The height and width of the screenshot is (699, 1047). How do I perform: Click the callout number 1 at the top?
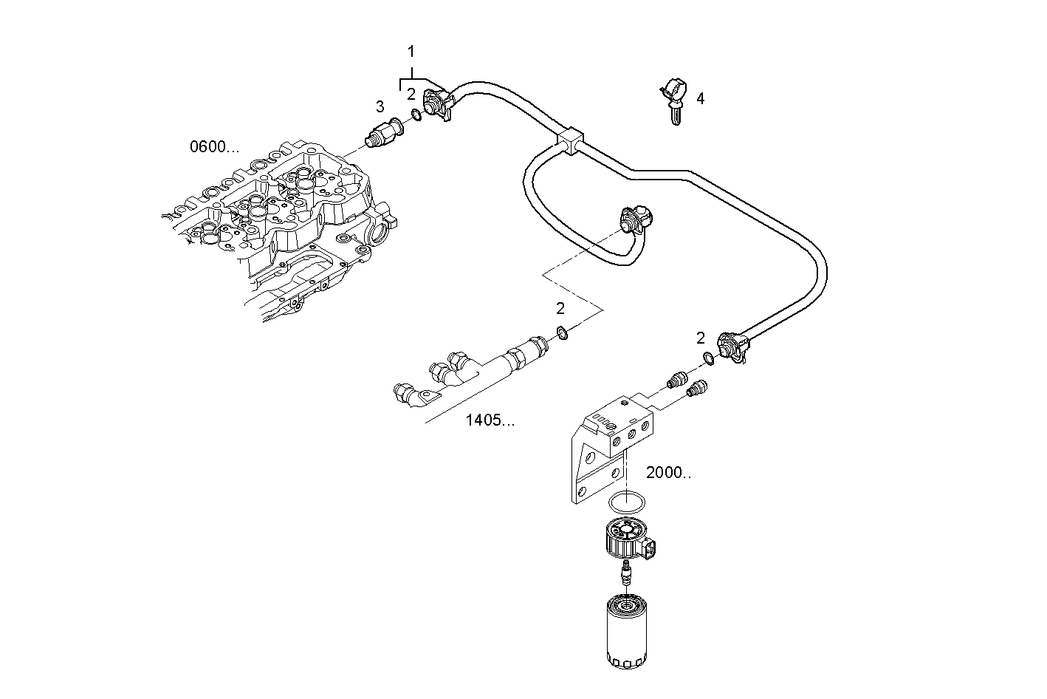pos(411,52)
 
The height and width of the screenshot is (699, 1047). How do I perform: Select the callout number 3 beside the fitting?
pos(380,106)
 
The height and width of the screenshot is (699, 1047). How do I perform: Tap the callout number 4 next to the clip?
pos(700,98)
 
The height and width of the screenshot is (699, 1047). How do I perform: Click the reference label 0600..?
pos(215,147)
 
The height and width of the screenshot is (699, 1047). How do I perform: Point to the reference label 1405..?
pos(490,420)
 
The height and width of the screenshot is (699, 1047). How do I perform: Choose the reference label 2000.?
pos(668,472)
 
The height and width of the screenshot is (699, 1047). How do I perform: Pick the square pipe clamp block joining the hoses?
pos(571,140)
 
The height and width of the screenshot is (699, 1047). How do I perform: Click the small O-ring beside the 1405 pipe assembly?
pos(562,333)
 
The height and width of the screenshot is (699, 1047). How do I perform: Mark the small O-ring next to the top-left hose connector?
pos(416,115)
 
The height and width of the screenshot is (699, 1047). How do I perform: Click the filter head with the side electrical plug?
pos(628,540)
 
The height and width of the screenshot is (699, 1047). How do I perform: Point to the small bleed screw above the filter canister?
pos(626,573)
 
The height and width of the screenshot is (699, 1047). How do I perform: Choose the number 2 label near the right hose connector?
pos(701,338)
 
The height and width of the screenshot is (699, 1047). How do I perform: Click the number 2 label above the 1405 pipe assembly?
pos(560,308)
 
